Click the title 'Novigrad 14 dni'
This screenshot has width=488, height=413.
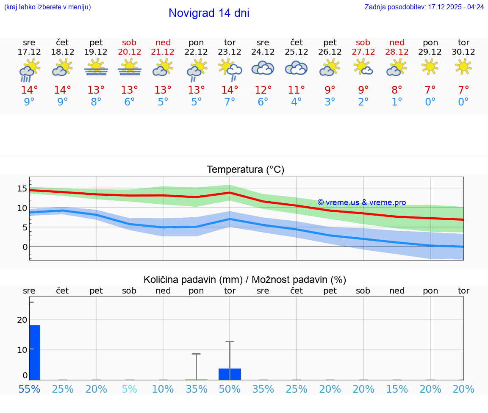[x=209, y=13]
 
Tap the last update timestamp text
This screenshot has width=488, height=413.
[x=424, y=7]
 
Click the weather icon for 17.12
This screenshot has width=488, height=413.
[x=29, y=70]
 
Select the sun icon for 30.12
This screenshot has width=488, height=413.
[x=463, y=67]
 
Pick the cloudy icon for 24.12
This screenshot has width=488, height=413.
[x=263, y=68]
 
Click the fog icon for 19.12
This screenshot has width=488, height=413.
[x=96, y=67]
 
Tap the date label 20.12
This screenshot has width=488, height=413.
[x=129, y=52]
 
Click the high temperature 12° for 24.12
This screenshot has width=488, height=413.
[x=263, y=90]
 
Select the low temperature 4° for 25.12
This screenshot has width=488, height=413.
[x=297, y=102]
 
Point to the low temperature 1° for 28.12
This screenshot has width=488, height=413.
[x=397, y=102]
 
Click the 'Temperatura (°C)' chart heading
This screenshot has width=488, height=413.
[x=245, y=170]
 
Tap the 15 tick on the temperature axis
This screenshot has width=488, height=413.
[x=22, y=188]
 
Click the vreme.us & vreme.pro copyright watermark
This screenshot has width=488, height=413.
[x=362, y=202]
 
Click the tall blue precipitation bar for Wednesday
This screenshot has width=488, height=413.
[x=35, y=352]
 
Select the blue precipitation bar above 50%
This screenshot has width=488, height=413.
[x=230, y=374]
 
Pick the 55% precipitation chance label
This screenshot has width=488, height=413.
[x=29, y=389]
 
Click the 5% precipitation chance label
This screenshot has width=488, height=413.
[x=129, y=389]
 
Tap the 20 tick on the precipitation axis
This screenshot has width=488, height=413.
[x=22, y=320]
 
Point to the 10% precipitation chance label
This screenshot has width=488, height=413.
[x=163, y=389]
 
